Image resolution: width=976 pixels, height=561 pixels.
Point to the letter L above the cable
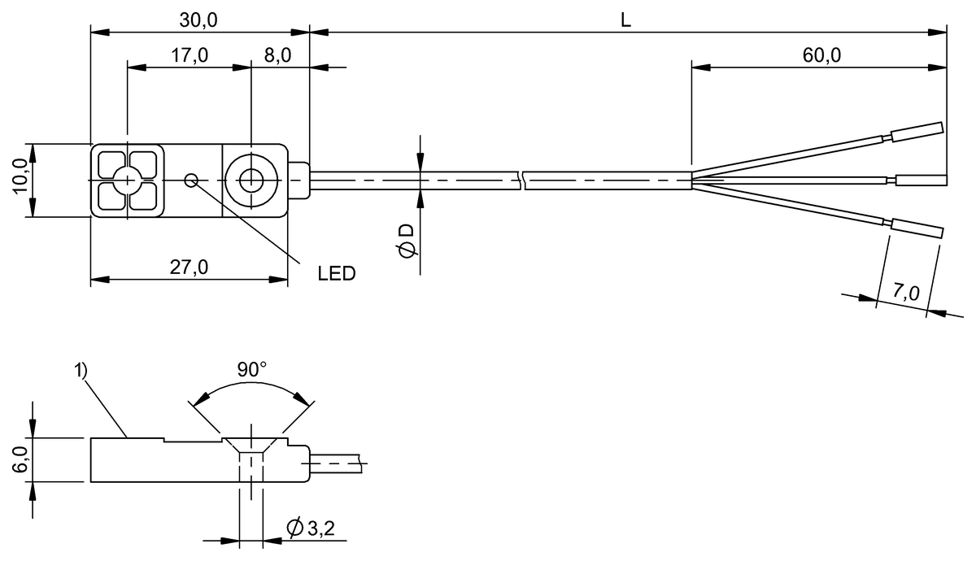625,20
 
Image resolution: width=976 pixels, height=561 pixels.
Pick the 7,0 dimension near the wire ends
904,294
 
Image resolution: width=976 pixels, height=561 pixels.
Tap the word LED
337,273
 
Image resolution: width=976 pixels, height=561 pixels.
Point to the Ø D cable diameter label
407,241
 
